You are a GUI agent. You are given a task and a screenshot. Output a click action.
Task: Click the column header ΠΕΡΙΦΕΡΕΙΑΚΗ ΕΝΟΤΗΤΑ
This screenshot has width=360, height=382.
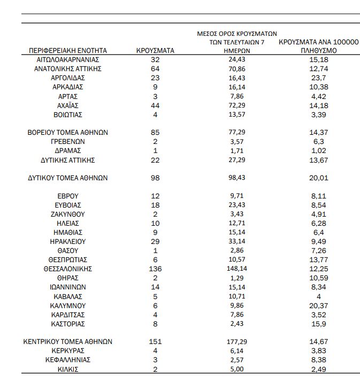pos(68,50)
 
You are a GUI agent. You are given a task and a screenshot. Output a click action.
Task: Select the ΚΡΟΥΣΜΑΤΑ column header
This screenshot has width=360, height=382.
pos(156,50)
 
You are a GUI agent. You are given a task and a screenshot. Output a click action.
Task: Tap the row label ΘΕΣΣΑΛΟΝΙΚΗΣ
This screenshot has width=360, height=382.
pos(68,269)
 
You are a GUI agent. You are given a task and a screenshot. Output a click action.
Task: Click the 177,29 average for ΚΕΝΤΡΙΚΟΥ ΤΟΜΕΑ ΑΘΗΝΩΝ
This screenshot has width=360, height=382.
pos(236,342)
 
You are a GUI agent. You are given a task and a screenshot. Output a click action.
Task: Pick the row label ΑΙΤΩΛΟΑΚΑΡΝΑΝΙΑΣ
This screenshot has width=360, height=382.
pos(68,59)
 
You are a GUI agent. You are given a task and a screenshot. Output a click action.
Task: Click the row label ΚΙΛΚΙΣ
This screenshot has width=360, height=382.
pos(68,369)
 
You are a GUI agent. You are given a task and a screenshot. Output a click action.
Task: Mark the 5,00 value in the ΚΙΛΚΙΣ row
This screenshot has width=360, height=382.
pos(236,369)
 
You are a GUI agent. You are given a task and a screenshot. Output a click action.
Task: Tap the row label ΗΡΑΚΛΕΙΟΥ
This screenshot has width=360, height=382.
pos(68,241)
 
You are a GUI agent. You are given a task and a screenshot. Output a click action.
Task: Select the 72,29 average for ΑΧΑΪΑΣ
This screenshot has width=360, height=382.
pos(236,105)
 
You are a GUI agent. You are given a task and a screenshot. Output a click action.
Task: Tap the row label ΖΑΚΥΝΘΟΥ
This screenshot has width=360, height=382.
pos(68,214)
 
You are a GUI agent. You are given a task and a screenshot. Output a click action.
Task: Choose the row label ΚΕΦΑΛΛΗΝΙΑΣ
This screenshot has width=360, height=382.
pos(68,360)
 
